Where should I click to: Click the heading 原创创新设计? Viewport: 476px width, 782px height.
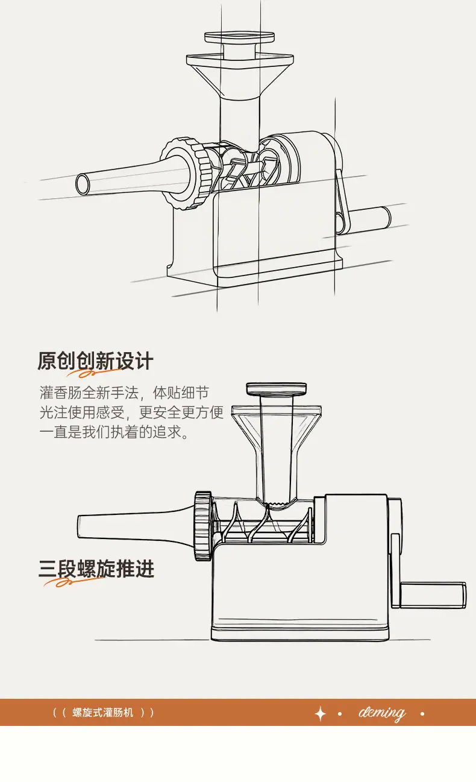[95, 361]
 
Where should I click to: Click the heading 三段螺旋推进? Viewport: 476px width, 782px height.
[96, 569]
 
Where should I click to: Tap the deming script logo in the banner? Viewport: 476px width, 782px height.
[382, 713]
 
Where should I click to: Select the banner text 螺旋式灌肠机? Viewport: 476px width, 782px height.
[102, 713]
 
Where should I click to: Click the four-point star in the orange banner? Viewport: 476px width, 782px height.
[321, 714]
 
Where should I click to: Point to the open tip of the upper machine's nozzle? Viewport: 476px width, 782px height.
[83, 184]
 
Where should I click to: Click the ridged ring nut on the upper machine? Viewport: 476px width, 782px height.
[186, 174]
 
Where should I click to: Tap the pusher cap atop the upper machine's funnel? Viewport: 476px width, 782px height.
[239, 37]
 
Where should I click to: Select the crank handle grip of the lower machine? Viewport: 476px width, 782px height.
[433, 595]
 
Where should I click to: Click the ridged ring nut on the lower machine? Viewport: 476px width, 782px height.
[203, 526]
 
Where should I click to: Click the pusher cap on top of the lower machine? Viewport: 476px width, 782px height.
[277, 389]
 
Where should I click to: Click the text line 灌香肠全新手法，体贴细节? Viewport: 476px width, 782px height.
[124, 393]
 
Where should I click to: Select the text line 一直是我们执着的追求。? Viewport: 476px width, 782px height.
[114, 432]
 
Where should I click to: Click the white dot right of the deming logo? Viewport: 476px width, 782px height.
[422, 714]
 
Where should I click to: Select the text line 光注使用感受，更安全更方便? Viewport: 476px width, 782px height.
[131, 412]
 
